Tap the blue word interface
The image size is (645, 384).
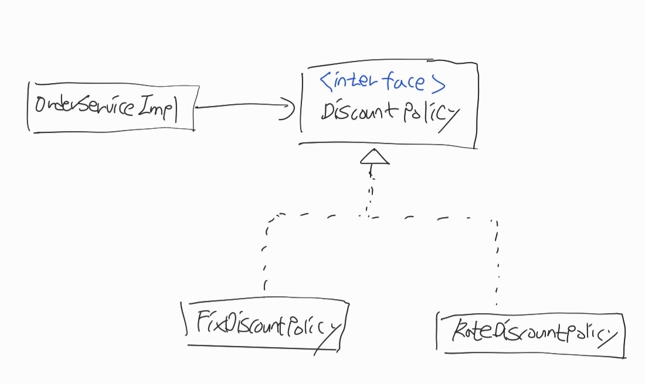click(x=380, y=80)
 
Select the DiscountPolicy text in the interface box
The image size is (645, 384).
click(x=390, y=114)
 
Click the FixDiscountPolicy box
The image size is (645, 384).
click(x=265, y=325)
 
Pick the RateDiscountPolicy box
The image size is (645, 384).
click(x=531, y=334)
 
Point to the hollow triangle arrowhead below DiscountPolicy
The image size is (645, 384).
click(x=375, y=156)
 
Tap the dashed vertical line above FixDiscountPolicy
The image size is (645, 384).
click(x=265, y=255)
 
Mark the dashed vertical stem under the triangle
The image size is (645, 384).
click(x=371, y=190)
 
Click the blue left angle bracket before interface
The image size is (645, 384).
click(x=325, y=80)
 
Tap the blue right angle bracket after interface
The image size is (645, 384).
click(x=439, y=83)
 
